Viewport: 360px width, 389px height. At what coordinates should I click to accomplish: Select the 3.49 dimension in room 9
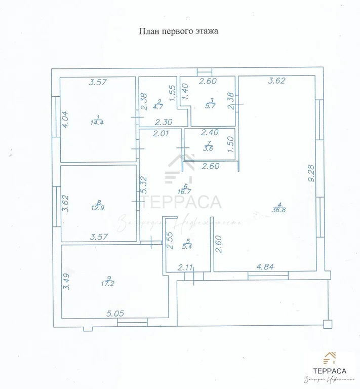[x=65, y=282]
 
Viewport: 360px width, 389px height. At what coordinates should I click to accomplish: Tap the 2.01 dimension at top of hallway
[x=162, y=134]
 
